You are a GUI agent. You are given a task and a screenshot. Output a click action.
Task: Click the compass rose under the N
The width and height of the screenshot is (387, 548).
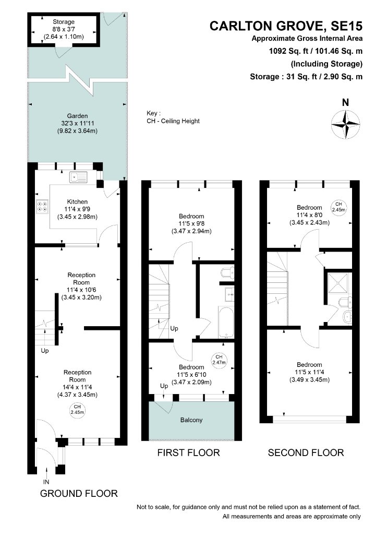345,124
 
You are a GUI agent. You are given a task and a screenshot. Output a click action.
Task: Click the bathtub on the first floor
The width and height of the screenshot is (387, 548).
226,323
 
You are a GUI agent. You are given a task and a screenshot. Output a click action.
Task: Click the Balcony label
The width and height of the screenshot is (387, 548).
191,420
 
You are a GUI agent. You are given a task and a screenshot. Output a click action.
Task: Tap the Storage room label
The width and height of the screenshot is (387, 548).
64,22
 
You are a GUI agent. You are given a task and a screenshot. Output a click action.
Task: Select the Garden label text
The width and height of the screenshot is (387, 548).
78,116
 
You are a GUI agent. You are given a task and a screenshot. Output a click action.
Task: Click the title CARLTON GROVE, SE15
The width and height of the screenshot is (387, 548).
286,26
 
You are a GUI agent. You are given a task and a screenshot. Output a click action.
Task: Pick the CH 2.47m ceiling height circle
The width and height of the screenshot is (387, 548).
219,360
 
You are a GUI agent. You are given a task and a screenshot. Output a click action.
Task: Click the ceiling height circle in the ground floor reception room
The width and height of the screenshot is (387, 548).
77,410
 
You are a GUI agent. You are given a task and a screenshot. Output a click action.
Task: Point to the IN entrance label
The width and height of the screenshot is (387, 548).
46,482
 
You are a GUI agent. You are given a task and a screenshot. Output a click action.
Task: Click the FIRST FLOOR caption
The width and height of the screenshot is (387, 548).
189,453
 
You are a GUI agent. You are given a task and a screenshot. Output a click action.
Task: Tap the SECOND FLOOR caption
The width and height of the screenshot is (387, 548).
306,453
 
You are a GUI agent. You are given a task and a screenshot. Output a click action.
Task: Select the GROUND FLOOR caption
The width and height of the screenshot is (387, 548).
79,494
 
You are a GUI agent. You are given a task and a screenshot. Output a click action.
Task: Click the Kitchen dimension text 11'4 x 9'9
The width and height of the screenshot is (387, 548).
77,209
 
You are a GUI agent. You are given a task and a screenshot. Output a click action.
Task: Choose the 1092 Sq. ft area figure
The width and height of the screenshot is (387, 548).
289,51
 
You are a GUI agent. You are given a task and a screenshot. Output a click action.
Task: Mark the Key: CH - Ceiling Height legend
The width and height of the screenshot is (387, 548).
173,117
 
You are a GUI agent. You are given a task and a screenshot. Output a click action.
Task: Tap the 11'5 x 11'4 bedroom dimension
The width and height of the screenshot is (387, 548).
309,372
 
